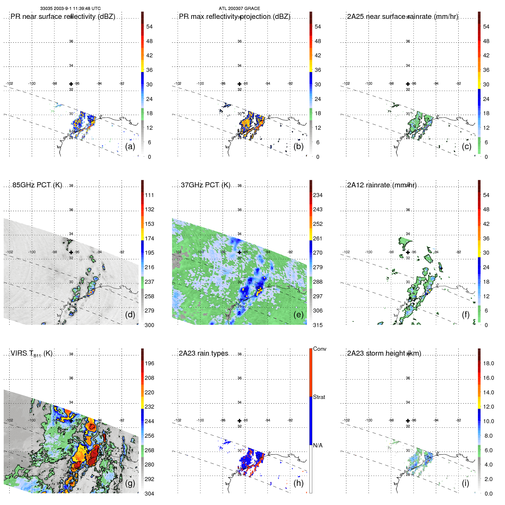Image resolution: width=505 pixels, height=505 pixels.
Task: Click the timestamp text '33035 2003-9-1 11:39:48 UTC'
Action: pyautogui.click(x=70, y=9)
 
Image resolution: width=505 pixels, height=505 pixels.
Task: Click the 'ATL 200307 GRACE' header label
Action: pyautogui.click(x=239, y=9)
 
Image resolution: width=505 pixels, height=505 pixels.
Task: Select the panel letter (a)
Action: pyautogui.click(x=130, y=146)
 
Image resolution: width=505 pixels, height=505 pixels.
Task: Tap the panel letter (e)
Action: pyautogui.click(x=298, y=315)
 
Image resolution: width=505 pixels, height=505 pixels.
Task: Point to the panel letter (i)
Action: pyautogui.click(x=465, y=483)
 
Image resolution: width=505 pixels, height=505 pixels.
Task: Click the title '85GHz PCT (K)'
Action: pyautogui.click(x=37, y=185)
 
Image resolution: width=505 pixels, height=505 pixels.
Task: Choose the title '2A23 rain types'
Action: pyautogui.click(x=203, y=353)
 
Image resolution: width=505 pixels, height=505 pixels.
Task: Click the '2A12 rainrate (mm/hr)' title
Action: pyautogui.click(x=382, y=185)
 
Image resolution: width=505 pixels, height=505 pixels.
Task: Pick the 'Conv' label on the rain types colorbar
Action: pyautogui.click(x=320, y=349)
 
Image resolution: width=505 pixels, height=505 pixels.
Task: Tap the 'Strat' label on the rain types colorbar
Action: pyautogui.click(x=319, y=397)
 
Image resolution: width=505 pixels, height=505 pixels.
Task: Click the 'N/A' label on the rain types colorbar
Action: pyautogui.click(x=318, y=445)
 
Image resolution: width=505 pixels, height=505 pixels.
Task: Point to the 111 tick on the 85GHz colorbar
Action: pyautogui.click(x=149, y=195)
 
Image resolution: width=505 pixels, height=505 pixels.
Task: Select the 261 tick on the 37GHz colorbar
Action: pyautogui.click(x=318, y=238)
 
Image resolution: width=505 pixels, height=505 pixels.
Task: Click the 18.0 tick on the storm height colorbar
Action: pyautogui.click(x=488, y=363)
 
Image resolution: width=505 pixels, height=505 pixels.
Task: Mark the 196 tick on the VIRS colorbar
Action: pyautogui.click(x=149, y=363)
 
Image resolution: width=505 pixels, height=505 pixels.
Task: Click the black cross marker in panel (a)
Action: pyautogui.click(x=71, y=84)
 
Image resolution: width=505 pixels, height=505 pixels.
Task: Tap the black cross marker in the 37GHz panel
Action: pyautogui.click(x=240, y=252)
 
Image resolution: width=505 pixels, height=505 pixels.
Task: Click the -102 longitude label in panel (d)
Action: pyautogui.click(x=9, y=252)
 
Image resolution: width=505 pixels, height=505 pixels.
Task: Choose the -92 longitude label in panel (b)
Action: pyautogui.click(x=290, y=84)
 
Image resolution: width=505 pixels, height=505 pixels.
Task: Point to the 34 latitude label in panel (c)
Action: pyautogui.click(x=408, y=66)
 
